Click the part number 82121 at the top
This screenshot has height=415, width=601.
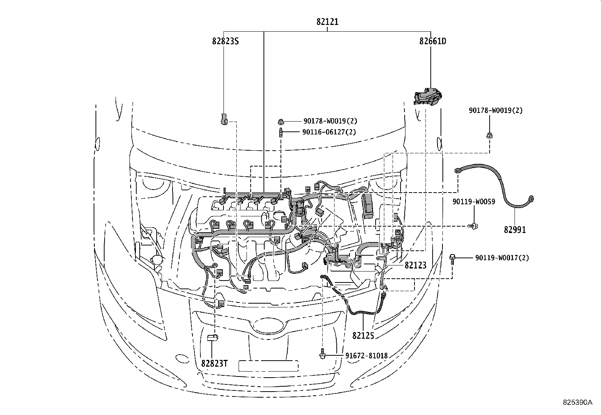coord(327,22)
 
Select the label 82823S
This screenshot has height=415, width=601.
coord(225,41)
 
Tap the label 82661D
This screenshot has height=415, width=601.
coord(432,41)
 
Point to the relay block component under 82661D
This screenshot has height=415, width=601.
coord(428,96)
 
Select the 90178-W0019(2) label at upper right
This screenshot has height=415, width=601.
coord(496,111)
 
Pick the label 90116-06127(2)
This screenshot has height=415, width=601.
coord(329,132)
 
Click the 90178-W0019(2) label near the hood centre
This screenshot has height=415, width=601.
coord(330,121)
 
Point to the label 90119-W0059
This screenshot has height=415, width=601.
coord(473,202)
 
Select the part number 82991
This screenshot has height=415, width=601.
coord(515,229)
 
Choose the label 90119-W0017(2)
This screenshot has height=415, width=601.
coord(502,258)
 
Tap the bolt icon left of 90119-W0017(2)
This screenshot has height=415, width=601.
coord(452,258)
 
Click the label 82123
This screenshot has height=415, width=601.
coord(415,265)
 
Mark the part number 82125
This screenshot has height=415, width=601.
coord(363,335)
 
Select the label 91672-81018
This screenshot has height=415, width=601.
coord(366,355)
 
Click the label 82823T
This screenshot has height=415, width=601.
coord(214,363)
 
